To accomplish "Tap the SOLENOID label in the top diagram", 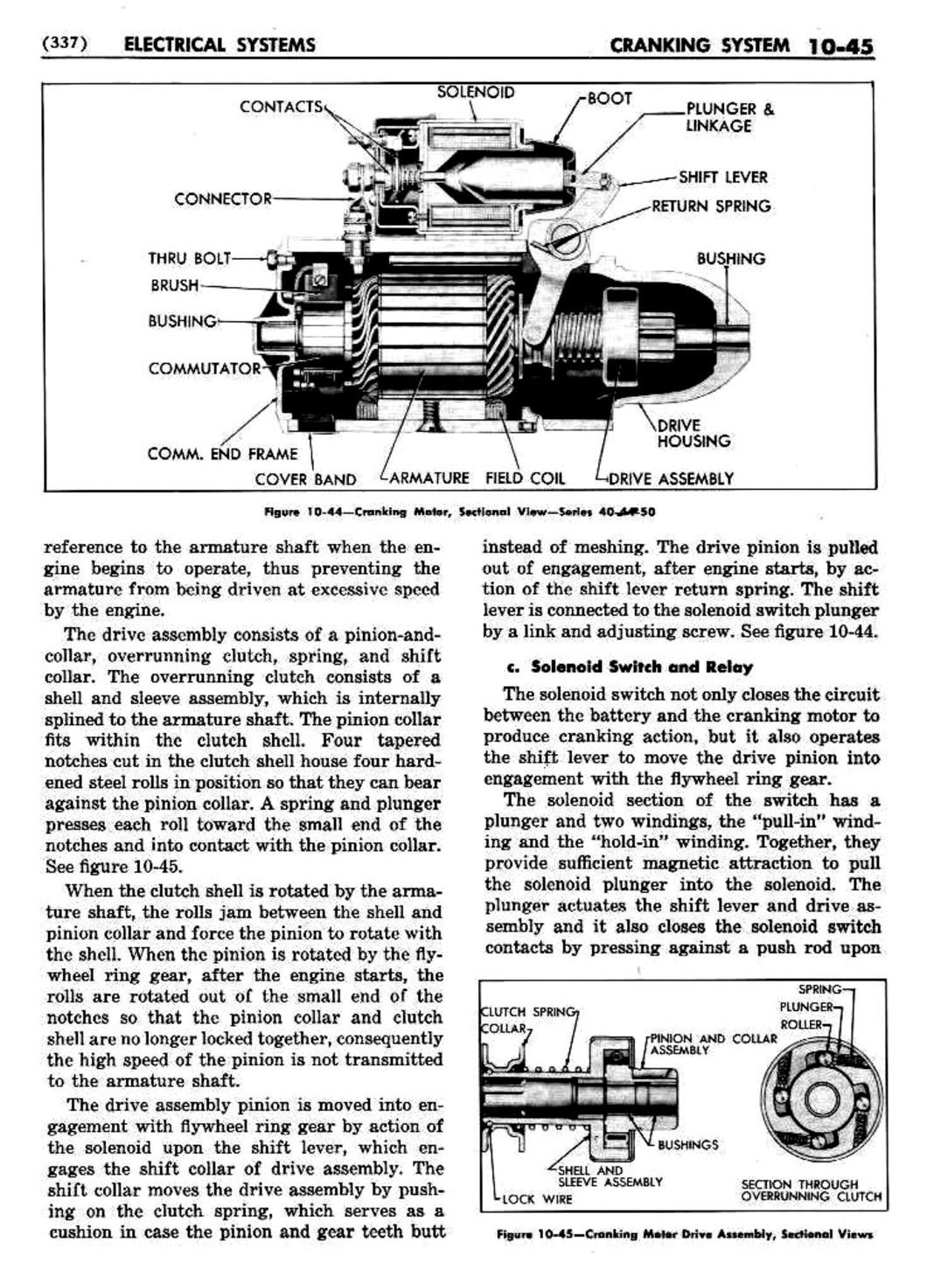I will point(476,92).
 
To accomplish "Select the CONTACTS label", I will point(281,107).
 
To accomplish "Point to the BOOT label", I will point(610,98).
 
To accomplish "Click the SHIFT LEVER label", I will point(723,177).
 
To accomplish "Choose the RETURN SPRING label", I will point(711,206).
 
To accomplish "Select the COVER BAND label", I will point(305,479).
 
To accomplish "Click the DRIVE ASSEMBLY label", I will point(671,478).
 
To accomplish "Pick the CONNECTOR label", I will point(223,199).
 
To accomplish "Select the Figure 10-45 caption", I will point(684,1234).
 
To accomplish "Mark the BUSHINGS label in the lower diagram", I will point(687,1144).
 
